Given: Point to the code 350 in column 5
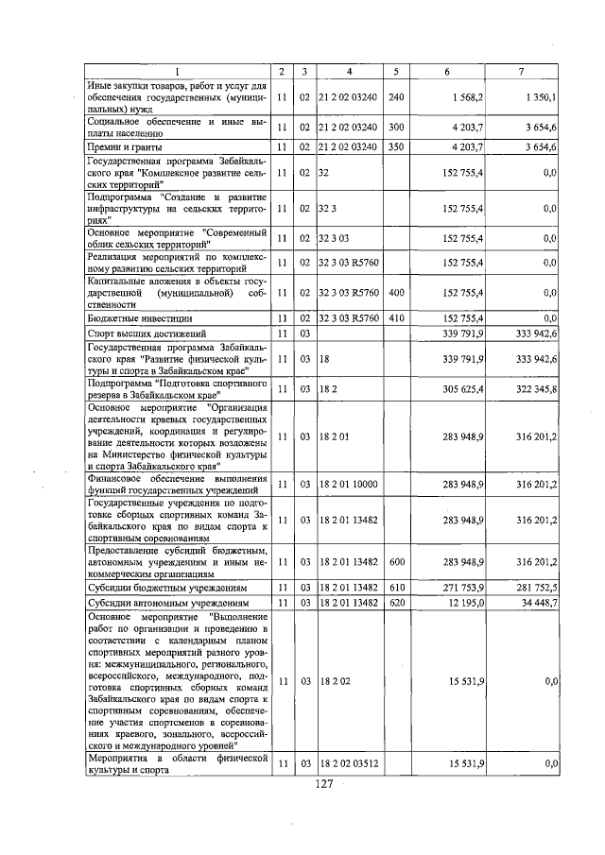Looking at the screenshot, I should [396, 146].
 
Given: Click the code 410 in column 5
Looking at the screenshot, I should [396, 318].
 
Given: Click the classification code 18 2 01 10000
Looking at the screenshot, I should [349, 485].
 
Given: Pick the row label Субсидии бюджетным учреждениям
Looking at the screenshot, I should [162, 587].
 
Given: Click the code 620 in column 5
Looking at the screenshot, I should [396, 602].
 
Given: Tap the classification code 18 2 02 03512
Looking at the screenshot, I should [349, 762].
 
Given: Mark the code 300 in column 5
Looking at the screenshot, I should [396, 127].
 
